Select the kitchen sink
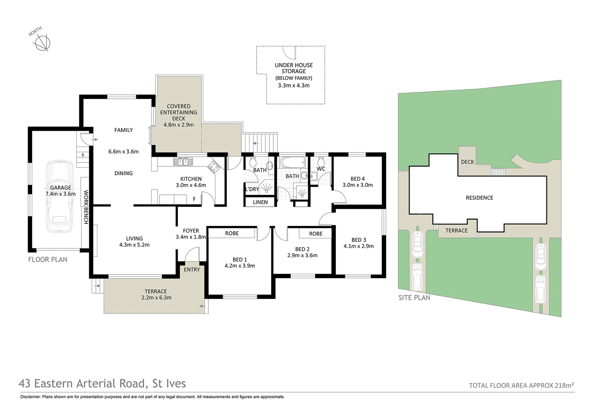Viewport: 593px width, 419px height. [183, 161]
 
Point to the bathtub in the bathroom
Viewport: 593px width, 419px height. [293, 162]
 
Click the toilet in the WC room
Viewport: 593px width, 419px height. [321, 161]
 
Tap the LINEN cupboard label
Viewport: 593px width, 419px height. [260, 202]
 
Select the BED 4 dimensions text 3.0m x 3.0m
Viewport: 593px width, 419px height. [358, 185]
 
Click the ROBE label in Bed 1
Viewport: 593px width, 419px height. [232, 233]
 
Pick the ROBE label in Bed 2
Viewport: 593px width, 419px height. [316, 234]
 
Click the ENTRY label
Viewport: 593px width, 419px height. [192, 270]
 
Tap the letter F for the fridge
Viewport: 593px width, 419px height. [194, 199]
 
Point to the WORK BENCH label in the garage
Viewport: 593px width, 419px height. [86, 207]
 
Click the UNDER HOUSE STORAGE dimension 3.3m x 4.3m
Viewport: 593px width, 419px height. [293, 85]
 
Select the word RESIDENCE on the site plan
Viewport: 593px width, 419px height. [479, 198]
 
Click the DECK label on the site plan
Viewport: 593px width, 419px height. [468, 162]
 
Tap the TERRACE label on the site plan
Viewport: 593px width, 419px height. [456, 230]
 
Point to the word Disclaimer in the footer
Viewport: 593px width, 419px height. [31, 397]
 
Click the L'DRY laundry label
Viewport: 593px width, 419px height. [252, 189]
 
